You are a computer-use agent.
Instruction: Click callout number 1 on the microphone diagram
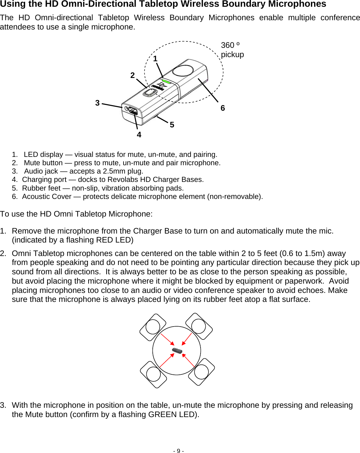[155, 59]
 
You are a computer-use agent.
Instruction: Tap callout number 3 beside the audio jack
[98, 103]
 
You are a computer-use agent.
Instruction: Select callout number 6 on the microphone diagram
[223, 108]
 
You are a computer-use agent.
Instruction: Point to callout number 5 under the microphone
[172, 125]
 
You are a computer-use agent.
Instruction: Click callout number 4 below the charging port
[139, 135]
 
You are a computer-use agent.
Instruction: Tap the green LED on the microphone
[166, 81]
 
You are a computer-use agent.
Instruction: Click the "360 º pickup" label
[232, 50]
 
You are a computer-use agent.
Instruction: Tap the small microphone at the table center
[177, 350]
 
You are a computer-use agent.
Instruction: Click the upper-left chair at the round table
[153, 327]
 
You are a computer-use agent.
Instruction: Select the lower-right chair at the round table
[201, 372]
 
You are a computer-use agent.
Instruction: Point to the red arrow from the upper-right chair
[187, 339]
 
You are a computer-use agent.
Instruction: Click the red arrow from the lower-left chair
[167, 360]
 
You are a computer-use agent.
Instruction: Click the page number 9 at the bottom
[178, 451]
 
